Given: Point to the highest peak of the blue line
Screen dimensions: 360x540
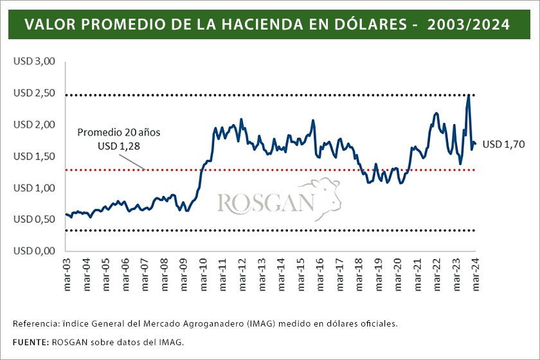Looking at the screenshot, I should pos(469,95).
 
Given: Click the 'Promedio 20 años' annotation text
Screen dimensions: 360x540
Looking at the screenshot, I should pos(119,132).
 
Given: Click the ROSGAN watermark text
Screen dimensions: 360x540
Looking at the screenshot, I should pos(265,203).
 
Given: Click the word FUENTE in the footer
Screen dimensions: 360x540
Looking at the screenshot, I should pos(30,342).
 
